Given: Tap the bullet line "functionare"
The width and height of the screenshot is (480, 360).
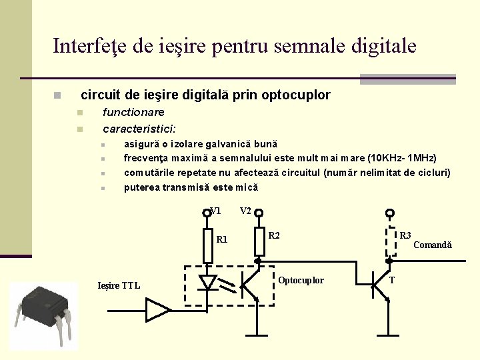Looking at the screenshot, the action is pyautogui.click(x=133, y=112).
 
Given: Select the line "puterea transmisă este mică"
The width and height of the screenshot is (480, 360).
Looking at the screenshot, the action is pyautogui.click(x=191, y=187).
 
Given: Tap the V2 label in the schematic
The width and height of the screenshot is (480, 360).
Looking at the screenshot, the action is pyautogui.click(x=245, y=211).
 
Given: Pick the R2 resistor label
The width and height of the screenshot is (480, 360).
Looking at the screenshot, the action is pyautogui.click(x=274, y=235).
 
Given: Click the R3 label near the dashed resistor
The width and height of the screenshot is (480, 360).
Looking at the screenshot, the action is pyautogui.click(x=405, y=235).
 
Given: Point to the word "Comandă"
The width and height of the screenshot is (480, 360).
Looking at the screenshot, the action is pyautogui.click(x=432, y=245).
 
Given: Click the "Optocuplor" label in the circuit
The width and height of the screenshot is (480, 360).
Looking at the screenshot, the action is pyautogui.click(x=301, y=280).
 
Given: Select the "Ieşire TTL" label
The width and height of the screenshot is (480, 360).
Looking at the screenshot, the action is pyautogui.click(x=119, y=286).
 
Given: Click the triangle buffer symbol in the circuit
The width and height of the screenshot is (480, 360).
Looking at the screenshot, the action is pyautogui.click(x=157, y=310).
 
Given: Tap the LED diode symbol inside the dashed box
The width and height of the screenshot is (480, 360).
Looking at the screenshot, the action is pyautogui.click(x=208, y=283).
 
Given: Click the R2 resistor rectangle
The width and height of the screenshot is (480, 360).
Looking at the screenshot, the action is pyautogui.click(x=259, y=242).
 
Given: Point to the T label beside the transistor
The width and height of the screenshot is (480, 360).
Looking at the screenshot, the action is pyautogui.click(x=392, y=280).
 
